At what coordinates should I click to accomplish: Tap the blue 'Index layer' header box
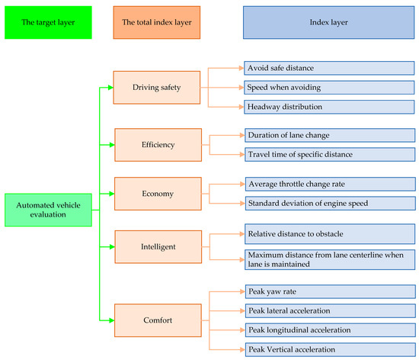click(x=330, y=23)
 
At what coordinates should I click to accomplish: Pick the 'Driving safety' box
click(x=155, y=86)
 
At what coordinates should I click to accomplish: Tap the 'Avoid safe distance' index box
click(x=330, y=69)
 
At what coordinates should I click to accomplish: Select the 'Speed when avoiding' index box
click(x=330, y=87)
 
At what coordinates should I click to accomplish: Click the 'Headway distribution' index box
click(x=330, y=106)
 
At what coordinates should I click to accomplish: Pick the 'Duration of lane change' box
click(x=330, y=134)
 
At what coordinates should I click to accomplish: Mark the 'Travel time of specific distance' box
click(x=330, y=154)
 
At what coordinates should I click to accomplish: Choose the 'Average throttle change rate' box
click(x=330, y=184)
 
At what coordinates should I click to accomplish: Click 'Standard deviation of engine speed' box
click(x=330, y=203)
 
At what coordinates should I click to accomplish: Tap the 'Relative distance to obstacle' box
click(x=330, y=233)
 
